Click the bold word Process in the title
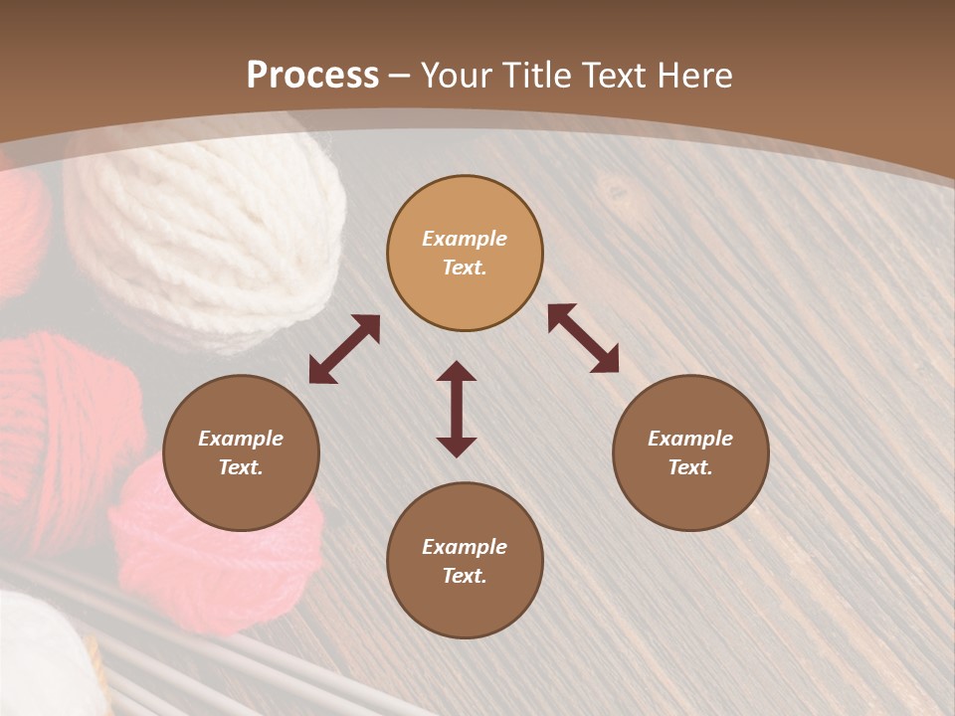(x=312, y=76)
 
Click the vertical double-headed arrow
(x=457, y=409)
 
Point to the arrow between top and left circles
(x=344, y=349)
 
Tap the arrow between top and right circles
(x=583, y=338)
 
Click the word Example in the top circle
(x=465, y=239)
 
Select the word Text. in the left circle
(x=241, y=467)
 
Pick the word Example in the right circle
(x=690, y=439)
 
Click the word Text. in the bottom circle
(x=465, y=576)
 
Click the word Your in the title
(x=453, y=76)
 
